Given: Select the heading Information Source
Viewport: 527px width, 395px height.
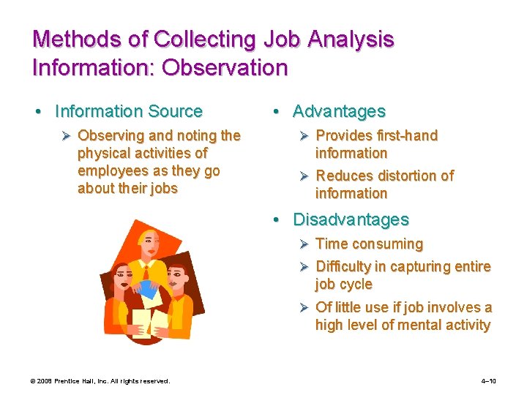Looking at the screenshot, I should (x=128, y=111).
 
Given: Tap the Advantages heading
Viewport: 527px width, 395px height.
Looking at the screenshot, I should (x=339, y=111).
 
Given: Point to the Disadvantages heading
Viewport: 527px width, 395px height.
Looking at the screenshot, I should (x=351, y=219).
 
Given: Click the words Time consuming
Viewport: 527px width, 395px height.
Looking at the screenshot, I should (x=369, y=244).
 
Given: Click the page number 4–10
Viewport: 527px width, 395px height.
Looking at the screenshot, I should (x=488, y=381).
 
